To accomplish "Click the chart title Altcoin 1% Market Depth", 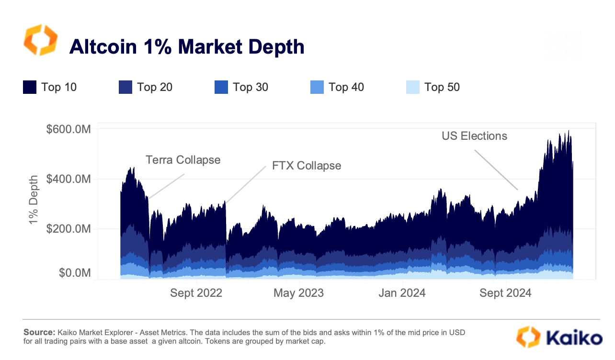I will click(187, 46).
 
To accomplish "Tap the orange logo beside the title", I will click(40, 40).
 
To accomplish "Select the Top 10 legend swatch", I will click(30, 87).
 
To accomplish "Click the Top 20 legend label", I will click(154, 87).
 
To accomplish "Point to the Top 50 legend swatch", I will click(412, 87).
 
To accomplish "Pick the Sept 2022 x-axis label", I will click(196, 293).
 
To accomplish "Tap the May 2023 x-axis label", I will click(298, 293).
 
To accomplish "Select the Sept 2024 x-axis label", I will click(505, 293).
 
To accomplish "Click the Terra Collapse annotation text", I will click(183, 160).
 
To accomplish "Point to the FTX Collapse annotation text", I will click(307, 166).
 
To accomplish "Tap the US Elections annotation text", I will click(474, 136).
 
